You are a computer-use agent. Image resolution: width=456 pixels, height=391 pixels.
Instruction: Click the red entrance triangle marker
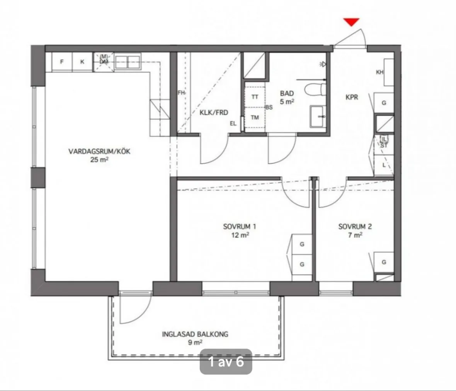point(352,22)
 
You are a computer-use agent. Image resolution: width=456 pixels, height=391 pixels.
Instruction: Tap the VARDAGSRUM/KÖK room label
point(99,152)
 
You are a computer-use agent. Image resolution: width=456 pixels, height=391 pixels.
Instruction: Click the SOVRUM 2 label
point(355,227)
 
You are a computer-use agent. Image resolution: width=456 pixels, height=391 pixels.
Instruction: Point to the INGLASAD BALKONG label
point(195,334)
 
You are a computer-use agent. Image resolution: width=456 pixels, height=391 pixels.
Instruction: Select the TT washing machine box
point(255,97)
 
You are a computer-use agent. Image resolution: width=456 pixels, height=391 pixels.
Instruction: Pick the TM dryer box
point(255,118)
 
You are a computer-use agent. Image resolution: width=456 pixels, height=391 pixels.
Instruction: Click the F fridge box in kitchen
point(62,62)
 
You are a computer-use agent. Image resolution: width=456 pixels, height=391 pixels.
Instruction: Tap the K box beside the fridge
point(82,62)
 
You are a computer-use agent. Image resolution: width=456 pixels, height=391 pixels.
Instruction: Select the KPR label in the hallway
point(352,97)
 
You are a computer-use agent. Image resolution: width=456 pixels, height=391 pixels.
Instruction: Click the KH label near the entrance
point(380,72)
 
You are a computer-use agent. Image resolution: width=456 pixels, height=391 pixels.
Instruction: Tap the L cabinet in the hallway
point(384,165)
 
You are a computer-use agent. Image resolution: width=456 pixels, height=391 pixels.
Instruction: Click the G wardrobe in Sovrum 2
point(384,262)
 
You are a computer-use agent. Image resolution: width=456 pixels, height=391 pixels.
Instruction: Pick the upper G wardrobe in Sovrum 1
point(302,244)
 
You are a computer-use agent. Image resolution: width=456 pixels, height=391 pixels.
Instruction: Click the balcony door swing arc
point(135,309)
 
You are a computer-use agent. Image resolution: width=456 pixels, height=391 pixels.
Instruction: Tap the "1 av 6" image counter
point(226,362)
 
